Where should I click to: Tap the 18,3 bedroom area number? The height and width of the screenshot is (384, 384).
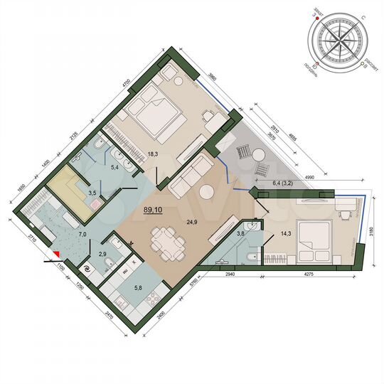151,153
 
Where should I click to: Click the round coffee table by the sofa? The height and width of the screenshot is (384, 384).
206,191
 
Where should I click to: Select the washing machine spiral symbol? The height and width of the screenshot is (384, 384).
87,270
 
